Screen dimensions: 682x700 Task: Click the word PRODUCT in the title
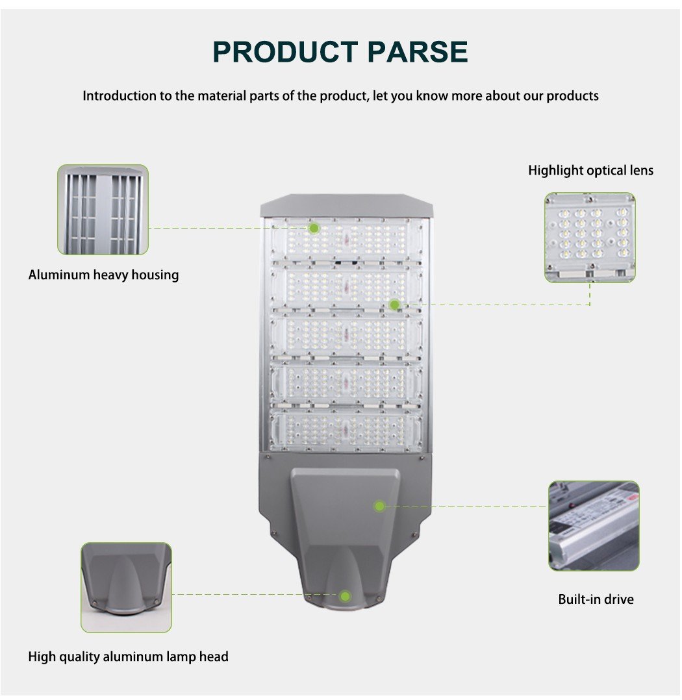point(285,51)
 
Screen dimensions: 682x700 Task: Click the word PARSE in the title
point(418,51)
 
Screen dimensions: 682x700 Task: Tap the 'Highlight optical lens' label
point(590,171)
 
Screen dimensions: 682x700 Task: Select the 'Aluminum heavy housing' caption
point(103,275)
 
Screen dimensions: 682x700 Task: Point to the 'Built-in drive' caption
point(596,599)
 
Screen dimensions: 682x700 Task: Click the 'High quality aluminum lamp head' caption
point(128,656)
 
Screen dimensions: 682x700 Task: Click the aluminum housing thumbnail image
point(103,209)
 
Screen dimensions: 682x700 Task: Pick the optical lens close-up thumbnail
point(590,238)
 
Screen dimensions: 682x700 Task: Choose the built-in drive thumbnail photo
point(594,526)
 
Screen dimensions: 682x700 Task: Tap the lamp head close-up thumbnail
point(126,588)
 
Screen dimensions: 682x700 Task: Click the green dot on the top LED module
point(314,229)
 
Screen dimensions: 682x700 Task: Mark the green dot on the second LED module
point(394,305)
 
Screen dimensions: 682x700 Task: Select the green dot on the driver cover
point(379,506)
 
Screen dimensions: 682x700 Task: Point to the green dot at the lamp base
point(344,596)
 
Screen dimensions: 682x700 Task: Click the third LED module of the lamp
point(346,336)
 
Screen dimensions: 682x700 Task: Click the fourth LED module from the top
point(346,383)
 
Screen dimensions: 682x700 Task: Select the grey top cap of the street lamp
point(346,205)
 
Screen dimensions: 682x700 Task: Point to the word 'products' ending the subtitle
point(573,96)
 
